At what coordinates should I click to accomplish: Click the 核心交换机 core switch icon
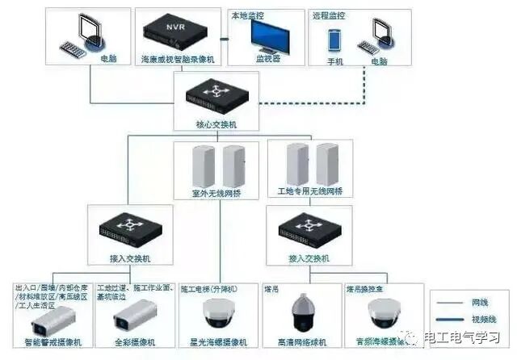tap(216, 94)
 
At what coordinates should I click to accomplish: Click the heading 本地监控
tap(246, 15)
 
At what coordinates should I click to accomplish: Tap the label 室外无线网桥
tap(216, 194)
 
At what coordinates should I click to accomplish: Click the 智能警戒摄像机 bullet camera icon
tap(48, 322)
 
